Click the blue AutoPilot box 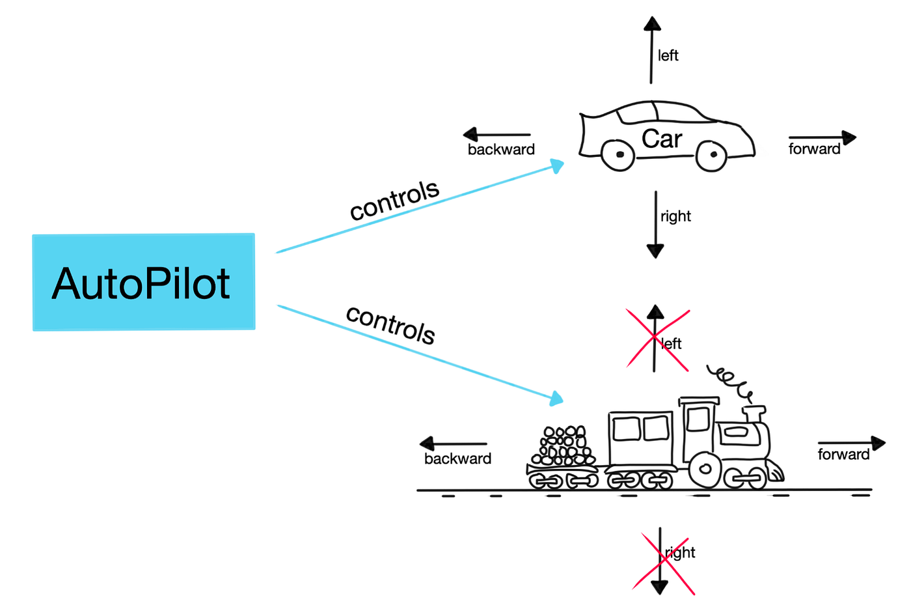144,282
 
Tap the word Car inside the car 662,139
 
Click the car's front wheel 712,155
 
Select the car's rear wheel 618,155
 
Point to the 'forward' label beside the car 814,149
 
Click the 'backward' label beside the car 501,150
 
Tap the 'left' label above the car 668,56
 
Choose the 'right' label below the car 675,216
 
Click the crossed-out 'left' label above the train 672,344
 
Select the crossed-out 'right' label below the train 680,553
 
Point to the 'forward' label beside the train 843,455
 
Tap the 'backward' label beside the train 457,459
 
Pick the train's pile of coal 564,446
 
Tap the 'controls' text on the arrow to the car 394,201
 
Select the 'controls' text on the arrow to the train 390,324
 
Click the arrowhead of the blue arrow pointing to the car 557,165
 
